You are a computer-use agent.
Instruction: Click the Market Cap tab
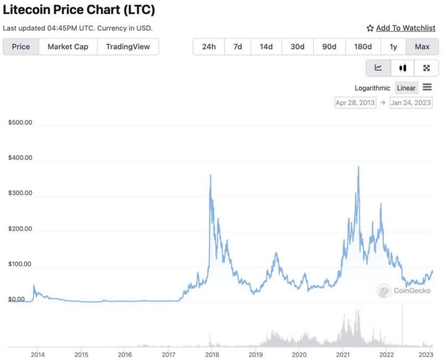pyautogui.click(x=67, y=46)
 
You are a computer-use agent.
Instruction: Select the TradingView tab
pyautogui.click(x=128, y=46)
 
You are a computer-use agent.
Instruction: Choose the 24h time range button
pyautogui.click(x=209, y=46)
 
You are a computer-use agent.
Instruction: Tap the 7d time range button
pyautogui.click(x=238, y=46)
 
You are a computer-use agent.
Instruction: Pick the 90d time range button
pyautogui.click(x=329, y=46)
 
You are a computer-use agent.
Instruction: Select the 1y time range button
pyautogui.click(x=393, y=46)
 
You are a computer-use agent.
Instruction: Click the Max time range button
pyautogui.click(x=422, y=46)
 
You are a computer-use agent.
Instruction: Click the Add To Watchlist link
pyautogui.click(x=401, y=28)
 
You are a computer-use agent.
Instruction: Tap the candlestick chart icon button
pyautogui.click(x=402, y=68)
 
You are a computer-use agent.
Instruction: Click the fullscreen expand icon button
pyautogui.click(x=427, y=68)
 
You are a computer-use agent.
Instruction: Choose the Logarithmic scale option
pyautogui.click(x=372, y=88)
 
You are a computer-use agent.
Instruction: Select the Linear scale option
pyautogui.click(x=406, y=88)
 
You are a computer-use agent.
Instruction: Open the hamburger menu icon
pyautogui.click(x=427, y=87)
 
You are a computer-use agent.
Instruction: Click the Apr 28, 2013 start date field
pyautogui.click(x=355, y=102)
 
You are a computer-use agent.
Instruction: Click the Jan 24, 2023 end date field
pyautogui.click(x=411, y=102)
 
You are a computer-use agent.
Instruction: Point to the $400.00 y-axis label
pyautogui.click(x=20, y=158)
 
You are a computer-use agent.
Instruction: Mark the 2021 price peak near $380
pyautogui.click(x=359, y=167)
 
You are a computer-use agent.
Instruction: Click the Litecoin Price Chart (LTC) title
pyautogui.click(x=79, y=10)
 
